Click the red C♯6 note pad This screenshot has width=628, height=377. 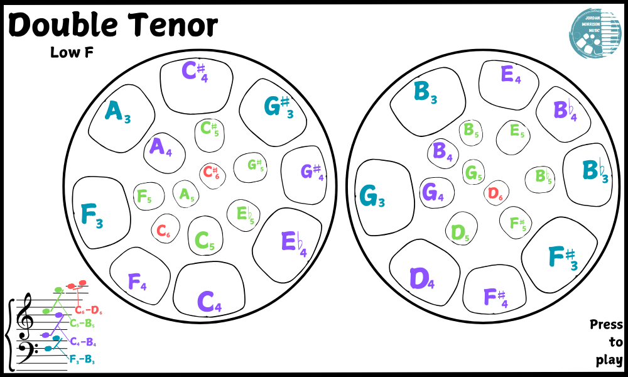[212, 172]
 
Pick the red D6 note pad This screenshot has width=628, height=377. [495, 194]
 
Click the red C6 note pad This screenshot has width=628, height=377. [163, 232]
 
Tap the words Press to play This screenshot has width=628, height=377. [607, 342]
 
